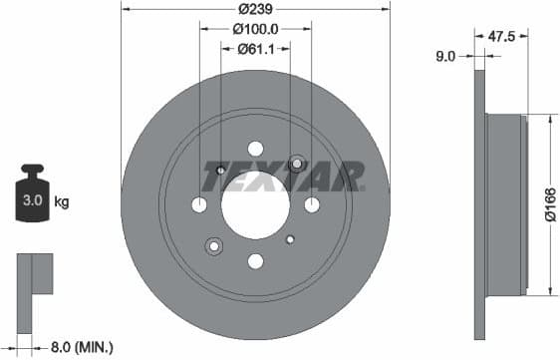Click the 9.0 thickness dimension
444,57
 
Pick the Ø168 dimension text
548,204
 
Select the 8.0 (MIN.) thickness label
81,347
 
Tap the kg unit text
62,202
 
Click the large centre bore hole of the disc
255,204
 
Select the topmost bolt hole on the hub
255,149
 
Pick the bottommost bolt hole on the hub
255,261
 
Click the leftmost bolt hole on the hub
199,204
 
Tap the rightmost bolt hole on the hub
312,204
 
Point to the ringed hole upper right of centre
296,163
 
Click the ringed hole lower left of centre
213,245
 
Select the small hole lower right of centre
290,239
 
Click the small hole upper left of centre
220,170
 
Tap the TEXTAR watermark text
282,176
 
